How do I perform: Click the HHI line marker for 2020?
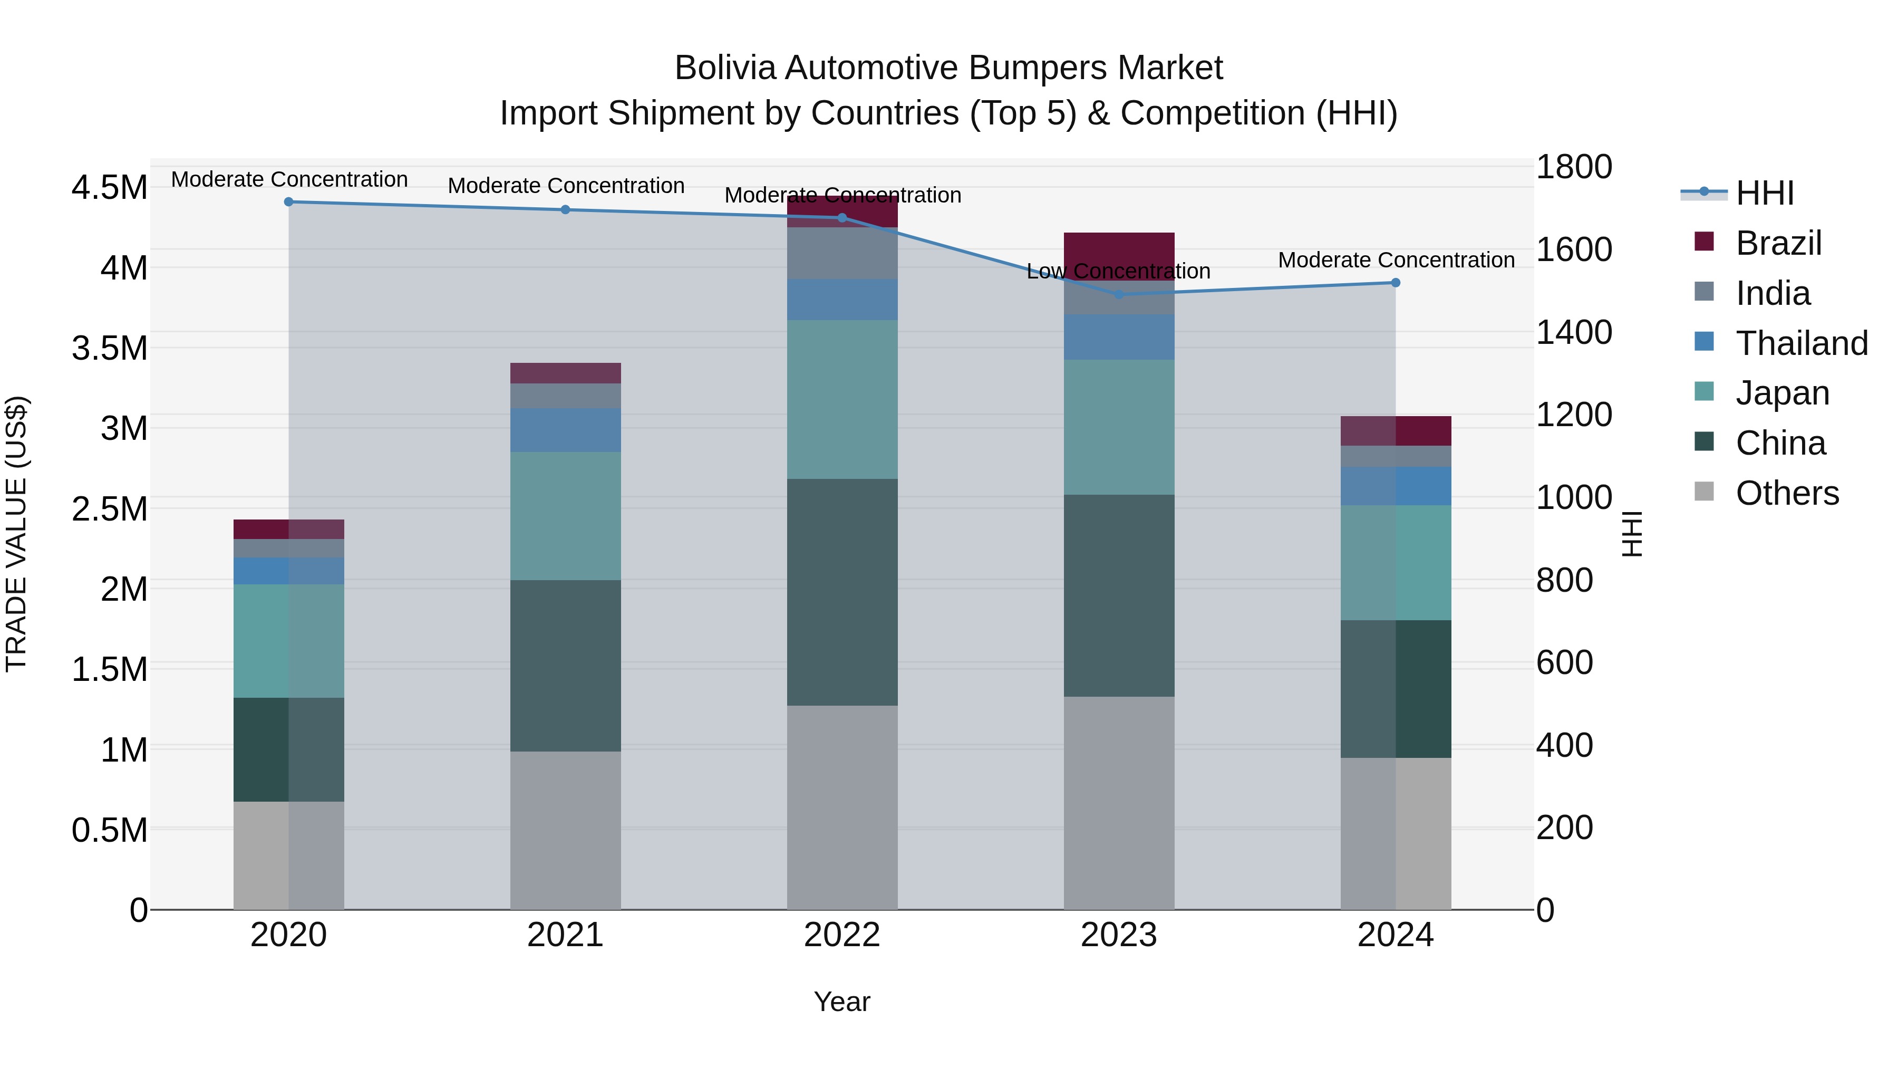(289, 202)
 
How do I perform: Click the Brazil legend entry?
(1778, 243)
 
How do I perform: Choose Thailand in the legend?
(1802, 343)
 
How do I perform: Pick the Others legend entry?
(1787, 493)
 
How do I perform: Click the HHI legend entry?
(1764, 193)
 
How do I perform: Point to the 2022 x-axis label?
(842, 935)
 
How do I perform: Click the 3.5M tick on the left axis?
(110, 348)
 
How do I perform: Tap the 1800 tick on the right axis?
(1574, 167)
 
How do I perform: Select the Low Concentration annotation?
(1118, 271)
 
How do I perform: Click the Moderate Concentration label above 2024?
(1396, 260)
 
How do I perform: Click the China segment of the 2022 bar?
(842, 592)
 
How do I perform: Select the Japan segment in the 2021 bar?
(566, 516)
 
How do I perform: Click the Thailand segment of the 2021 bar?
(566, 430)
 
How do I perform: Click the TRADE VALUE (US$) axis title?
(17, 534)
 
